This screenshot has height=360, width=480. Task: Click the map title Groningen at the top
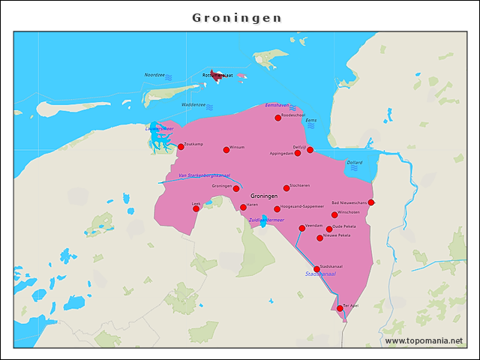tap(237, 17)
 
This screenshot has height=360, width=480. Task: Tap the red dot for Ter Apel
tap(340, 308)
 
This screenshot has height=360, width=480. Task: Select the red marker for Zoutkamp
tap(181, 147)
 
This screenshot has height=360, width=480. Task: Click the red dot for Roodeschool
tap(278, 118)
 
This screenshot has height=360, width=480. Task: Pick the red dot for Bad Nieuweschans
tap(371, 202)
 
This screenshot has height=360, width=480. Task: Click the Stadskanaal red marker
tap(316, 268)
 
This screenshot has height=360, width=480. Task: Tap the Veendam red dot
tap(302, 228)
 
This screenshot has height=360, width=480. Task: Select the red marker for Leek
tap(196, 208)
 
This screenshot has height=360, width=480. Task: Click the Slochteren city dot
tap(286, 187)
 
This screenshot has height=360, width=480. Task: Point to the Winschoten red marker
tap(334, 214)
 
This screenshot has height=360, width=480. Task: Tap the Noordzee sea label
tap(154, 76)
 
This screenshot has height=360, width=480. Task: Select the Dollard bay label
tap(355, 162)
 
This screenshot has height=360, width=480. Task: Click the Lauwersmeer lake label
tap(159, 128)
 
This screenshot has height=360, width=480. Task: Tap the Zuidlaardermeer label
tap(266, 220)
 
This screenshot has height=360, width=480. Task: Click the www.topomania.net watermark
tap(424, 340)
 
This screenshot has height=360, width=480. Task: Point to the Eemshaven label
tap(277, 105)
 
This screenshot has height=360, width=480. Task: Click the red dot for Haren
tap(243, 207)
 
